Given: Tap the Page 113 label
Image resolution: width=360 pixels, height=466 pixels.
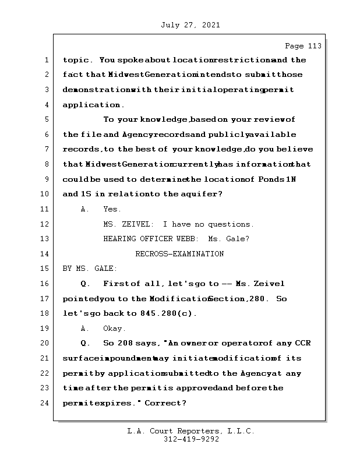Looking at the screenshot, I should click(x=303, y=46).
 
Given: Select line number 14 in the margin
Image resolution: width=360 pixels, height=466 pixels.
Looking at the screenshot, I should click(x=45, y=254).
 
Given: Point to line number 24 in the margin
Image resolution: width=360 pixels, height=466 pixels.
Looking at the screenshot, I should click(x=45, y=403).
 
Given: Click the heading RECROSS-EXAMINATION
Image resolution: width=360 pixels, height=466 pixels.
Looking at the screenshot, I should click(x=179, y=254).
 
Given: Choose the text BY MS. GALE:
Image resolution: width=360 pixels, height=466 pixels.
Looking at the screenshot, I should click(x=90, y=269).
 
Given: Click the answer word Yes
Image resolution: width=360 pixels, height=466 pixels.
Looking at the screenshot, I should click(x=112, y=209).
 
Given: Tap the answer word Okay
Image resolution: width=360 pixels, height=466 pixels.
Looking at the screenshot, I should click(x=115, y=329).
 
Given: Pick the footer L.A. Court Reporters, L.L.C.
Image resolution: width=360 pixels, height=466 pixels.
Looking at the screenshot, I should click(x=191, y=432).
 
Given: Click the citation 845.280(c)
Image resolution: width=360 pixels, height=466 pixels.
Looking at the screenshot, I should click(x=169, y=313).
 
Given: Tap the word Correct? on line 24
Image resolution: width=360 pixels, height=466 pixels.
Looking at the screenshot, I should click(x=165, y=403).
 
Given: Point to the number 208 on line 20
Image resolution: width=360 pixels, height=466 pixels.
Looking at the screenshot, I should click(x=125, y=343).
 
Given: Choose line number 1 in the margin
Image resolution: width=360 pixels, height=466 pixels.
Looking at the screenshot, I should click(x=45, y=60).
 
